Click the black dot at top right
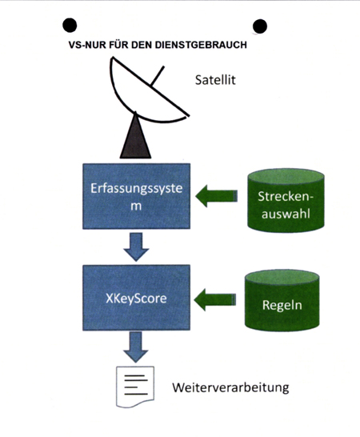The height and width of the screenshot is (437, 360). [260, 27]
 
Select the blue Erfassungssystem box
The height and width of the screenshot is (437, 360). [138, 194]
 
